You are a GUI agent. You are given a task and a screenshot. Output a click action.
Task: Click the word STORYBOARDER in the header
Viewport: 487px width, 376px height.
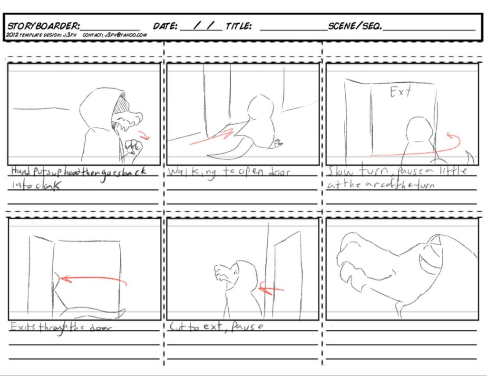(43, 26)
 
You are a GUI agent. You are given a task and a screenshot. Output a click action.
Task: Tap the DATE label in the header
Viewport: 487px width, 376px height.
(165, 26)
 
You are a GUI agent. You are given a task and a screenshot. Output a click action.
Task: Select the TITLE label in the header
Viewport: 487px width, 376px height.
(238, 26)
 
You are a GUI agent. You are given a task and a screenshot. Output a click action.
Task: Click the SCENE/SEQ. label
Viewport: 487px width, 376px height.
(355, 26)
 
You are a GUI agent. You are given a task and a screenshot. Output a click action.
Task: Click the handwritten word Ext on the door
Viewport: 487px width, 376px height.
(400, 92)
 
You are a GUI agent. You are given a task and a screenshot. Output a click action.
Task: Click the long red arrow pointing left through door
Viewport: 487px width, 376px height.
(93, 280)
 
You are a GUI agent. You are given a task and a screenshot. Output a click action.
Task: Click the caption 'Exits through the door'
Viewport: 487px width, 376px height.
(61, 327)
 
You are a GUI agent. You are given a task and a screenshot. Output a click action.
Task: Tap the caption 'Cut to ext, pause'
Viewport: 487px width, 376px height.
(216, 327)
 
